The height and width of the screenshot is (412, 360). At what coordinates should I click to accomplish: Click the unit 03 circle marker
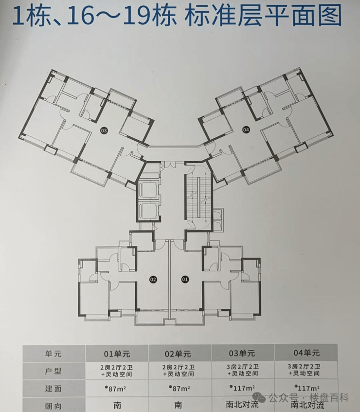coord(104,130)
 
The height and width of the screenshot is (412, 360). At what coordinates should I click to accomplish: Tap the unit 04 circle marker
coord(246,130)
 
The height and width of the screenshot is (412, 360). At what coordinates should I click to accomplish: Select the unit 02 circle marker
coord(153,280)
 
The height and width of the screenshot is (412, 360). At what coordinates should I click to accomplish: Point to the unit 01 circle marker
coord(185,280)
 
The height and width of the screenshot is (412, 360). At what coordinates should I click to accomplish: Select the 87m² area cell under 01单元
coord(117,388)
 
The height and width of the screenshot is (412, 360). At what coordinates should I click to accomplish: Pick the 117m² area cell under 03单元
coord(243,388)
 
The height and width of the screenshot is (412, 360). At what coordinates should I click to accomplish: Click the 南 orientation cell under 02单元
coord(180,405)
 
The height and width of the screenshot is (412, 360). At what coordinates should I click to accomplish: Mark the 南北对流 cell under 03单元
coord(243,405)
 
